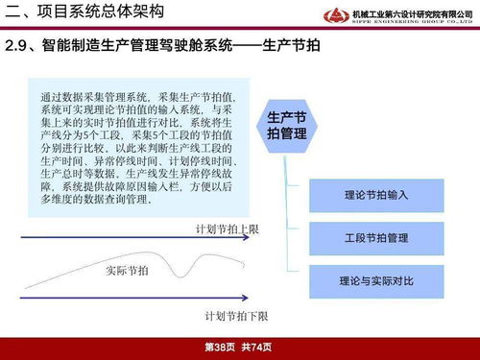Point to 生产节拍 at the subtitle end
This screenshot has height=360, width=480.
pyautogui.click(x=289, y=48)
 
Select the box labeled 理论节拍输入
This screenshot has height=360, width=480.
pyautogui.click(x=376, y=195)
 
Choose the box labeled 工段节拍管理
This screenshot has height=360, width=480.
pyautogui.click(x=376, y=238)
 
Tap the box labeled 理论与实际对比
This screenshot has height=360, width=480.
pyautogui.click(x=376, y=281)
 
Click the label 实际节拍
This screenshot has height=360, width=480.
pyautogui.click(x=127, y=272)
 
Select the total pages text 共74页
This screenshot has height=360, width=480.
pyautogui.click(x=257, y=347)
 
